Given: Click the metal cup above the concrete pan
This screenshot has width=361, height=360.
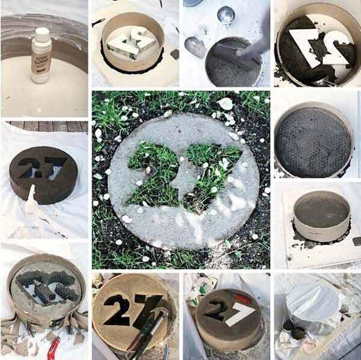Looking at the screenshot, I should [x=226, y=14].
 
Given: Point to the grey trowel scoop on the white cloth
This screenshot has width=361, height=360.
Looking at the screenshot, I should [x=196, y=46].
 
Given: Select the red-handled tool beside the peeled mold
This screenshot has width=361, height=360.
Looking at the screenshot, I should [x=53, y=349].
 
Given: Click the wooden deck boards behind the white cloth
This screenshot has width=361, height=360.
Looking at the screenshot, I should [x=45, y=126].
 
